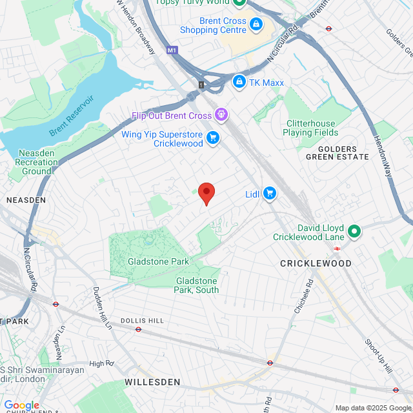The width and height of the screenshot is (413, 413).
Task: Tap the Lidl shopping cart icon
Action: pos(269,193)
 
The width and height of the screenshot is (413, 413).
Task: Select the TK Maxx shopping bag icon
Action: pos(239,82)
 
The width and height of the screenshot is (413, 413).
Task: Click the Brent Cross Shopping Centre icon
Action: pos(256,25)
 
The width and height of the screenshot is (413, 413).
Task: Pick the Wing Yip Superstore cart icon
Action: pos(213,137)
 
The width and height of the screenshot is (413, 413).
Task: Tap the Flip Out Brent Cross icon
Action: pos(221,116)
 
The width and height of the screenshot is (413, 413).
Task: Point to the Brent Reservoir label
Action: pos(72,116)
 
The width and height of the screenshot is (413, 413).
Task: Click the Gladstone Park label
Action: pos(158,261)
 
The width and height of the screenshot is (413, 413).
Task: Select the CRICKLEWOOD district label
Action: pos(316,263)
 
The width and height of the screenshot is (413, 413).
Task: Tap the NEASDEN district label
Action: pos(26,200)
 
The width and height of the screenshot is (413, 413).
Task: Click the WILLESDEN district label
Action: pos(152,382)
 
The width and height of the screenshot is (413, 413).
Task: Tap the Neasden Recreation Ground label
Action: pos(36,162)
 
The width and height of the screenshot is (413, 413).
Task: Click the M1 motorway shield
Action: pos(171,50)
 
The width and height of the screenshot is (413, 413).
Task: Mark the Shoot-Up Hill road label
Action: pos(378,356)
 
